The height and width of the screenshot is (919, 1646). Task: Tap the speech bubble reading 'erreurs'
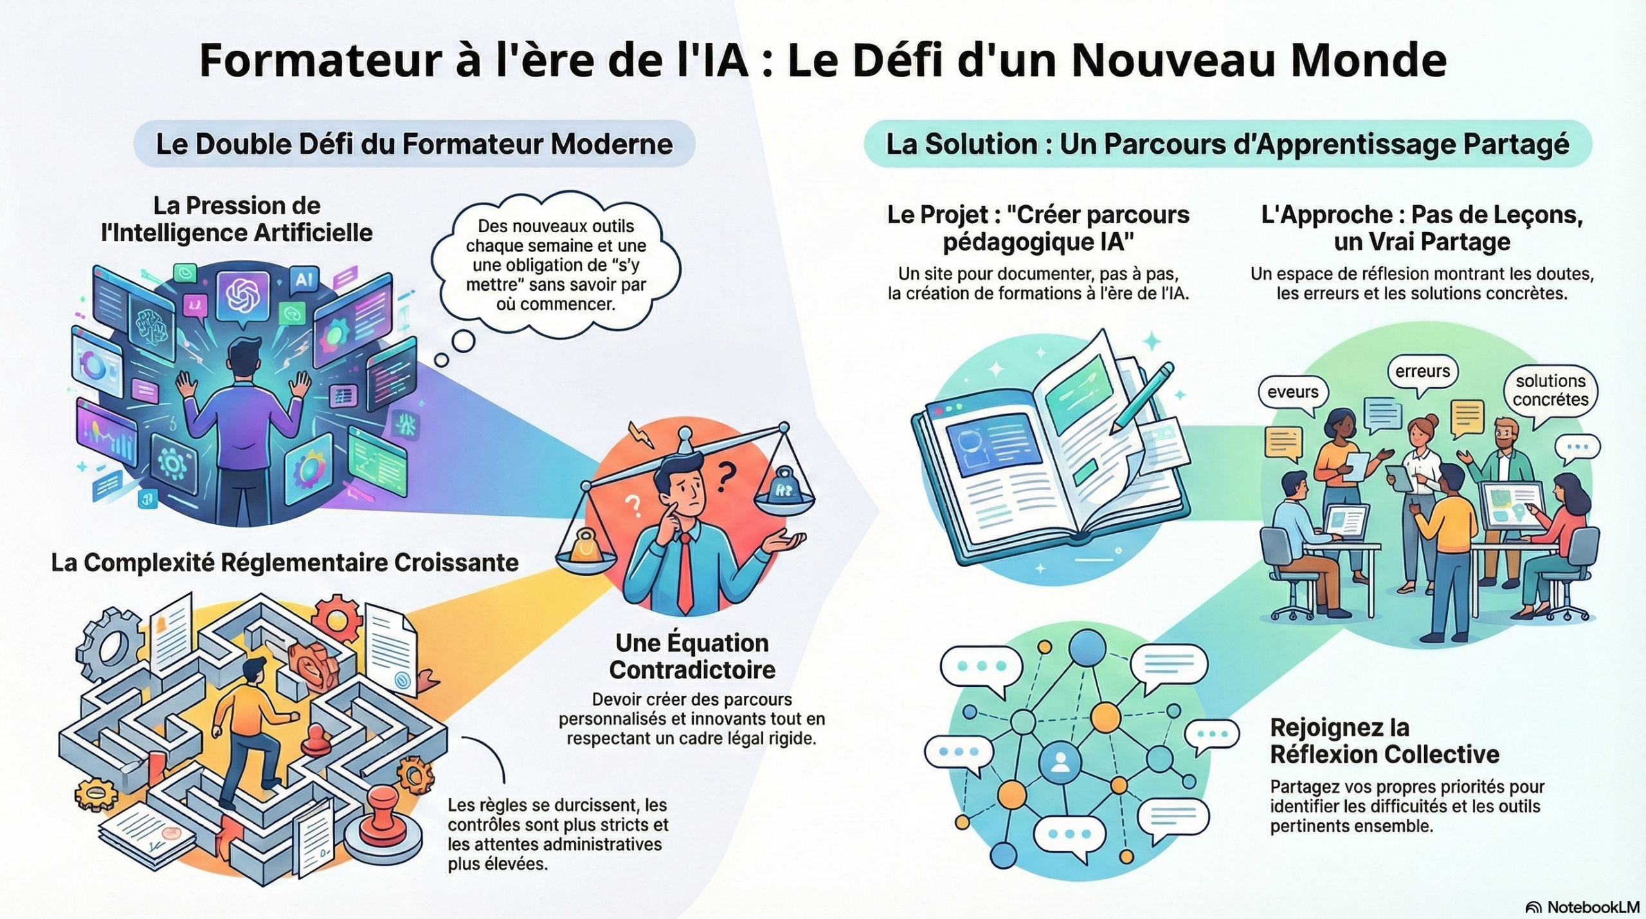click(x=1422, y=372)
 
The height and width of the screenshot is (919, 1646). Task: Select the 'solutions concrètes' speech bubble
click(x=1550, y=390)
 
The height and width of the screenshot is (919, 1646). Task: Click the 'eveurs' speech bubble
click(x=1292, y=392)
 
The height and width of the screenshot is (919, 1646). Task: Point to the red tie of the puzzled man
click(x=685, y=572)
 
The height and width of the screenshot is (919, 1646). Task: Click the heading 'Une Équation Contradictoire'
click(x=692, y=656)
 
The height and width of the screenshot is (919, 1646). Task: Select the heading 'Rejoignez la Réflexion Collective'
click(x=1384, y=741)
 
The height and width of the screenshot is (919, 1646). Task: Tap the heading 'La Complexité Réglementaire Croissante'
click(x=285, y=563)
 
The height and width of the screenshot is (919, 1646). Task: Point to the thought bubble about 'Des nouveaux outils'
click(x=556, y=265)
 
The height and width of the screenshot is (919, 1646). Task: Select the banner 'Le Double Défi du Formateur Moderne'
click(x=414, y=144)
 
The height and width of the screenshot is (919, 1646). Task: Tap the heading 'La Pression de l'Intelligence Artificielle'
click(x=237, y=219)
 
